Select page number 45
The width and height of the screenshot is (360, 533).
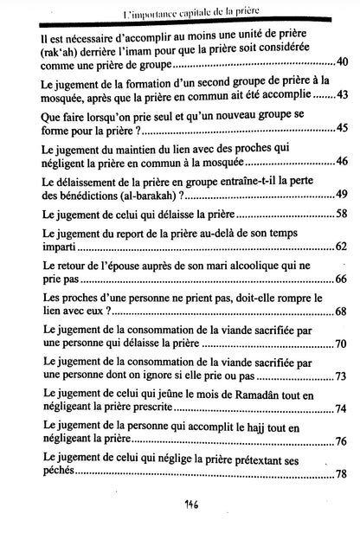tap(341, 126)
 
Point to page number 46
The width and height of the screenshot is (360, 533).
tap(341, 162)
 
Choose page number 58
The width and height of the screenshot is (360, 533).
tap(341, 213)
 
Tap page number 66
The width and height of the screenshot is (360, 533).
tap(341, 280)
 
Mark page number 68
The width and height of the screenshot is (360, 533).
tap(341, 312)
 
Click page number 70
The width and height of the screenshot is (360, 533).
tap(341, 345)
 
